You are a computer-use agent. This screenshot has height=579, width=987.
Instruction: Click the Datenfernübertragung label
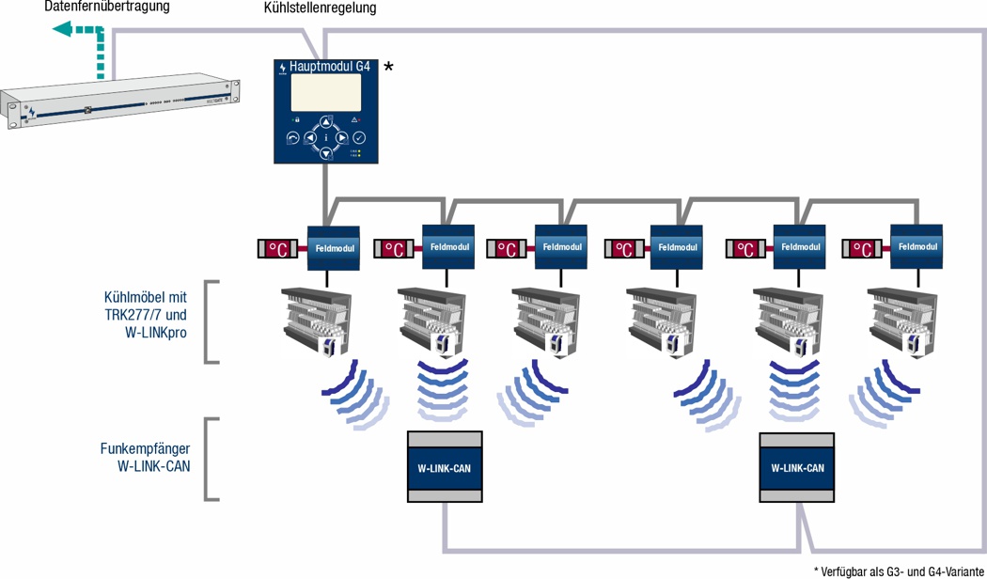click(107, 8)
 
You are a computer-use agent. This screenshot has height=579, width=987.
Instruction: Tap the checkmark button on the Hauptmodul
click(359, 137)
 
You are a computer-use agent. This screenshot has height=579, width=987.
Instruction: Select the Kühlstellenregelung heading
click(321, 8)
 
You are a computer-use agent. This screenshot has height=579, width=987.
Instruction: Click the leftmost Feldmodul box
click(334, 248)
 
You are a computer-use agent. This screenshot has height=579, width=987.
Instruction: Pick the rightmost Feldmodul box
click(917, 246)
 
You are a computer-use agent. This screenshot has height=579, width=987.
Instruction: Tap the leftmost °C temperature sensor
click(278, 249)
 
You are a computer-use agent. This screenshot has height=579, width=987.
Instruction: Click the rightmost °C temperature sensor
click(863, 249)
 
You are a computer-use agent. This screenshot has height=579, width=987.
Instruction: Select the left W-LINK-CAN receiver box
click(444, 467)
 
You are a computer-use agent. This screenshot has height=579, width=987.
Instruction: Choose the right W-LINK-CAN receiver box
click(797, 467)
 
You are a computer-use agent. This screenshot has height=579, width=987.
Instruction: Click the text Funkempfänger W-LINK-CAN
click(145, 458)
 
